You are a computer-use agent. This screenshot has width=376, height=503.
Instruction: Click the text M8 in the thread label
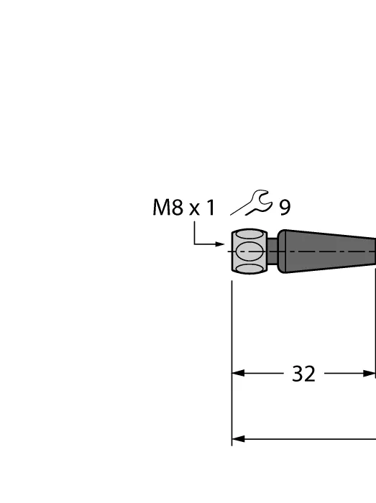click(168, 207)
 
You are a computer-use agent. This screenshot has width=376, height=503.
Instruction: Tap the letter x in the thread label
click(194, 210)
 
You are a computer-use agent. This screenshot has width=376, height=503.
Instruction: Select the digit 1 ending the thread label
click(210, 207)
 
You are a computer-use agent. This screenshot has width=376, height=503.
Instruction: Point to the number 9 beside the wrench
click(285, 208)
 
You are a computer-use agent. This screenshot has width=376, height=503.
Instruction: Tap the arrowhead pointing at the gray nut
click(220, 244)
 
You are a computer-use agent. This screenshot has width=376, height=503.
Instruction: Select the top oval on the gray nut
click(249, 234)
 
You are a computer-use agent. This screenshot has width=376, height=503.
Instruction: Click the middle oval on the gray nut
click(250, 251)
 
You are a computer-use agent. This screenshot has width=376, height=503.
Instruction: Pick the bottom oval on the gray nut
click(249, 269)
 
